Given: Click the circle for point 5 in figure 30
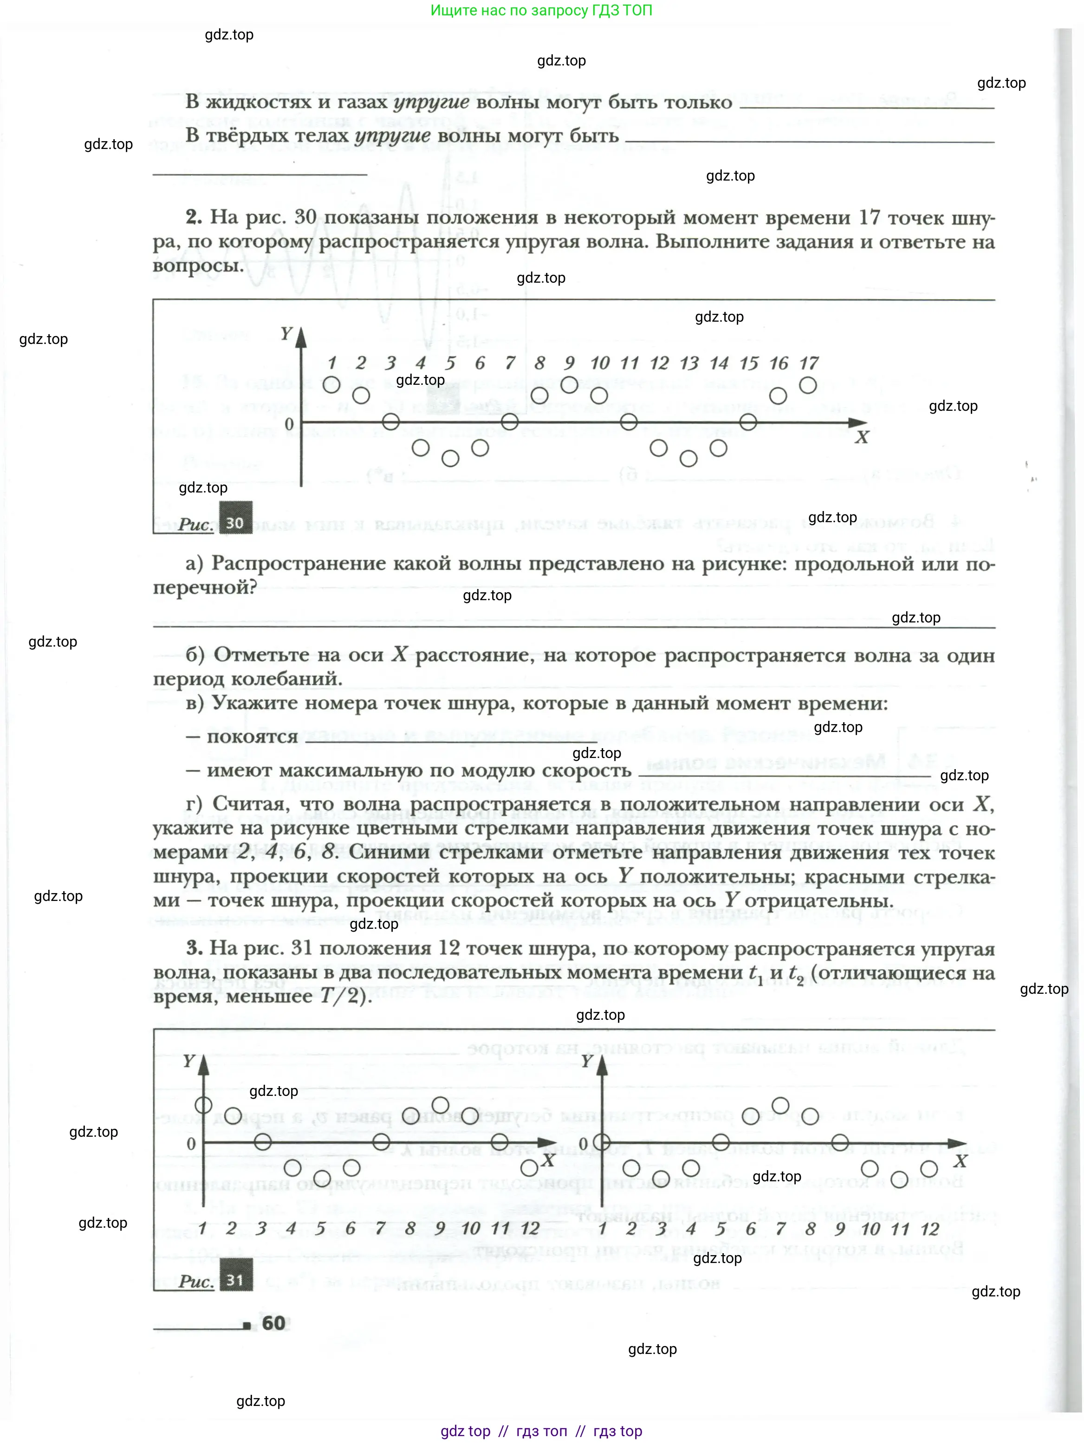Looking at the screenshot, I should tap(450, 458).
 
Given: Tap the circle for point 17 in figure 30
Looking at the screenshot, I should tap(808, 385).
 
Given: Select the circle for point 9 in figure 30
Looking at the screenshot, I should tap(569, 385).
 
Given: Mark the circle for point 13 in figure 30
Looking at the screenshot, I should tap(688, 458).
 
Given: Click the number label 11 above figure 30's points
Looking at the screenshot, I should tap(629, 363).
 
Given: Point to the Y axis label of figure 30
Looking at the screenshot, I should tap(286, 334).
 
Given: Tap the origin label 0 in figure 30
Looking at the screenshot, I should tap(289, 424).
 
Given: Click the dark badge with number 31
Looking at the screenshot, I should tap(235, 1280).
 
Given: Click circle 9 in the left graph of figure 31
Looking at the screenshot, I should tap(440, 1105).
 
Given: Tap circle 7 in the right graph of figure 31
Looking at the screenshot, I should tap(780, 1105).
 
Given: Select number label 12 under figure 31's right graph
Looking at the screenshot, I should tap(929, 1229).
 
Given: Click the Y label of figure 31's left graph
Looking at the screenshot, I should tap(189, 1061).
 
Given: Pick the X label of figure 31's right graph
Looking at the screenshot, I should tap(959, 1161).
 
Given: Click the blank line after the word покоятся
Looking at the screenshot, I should tap(451, 739).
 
